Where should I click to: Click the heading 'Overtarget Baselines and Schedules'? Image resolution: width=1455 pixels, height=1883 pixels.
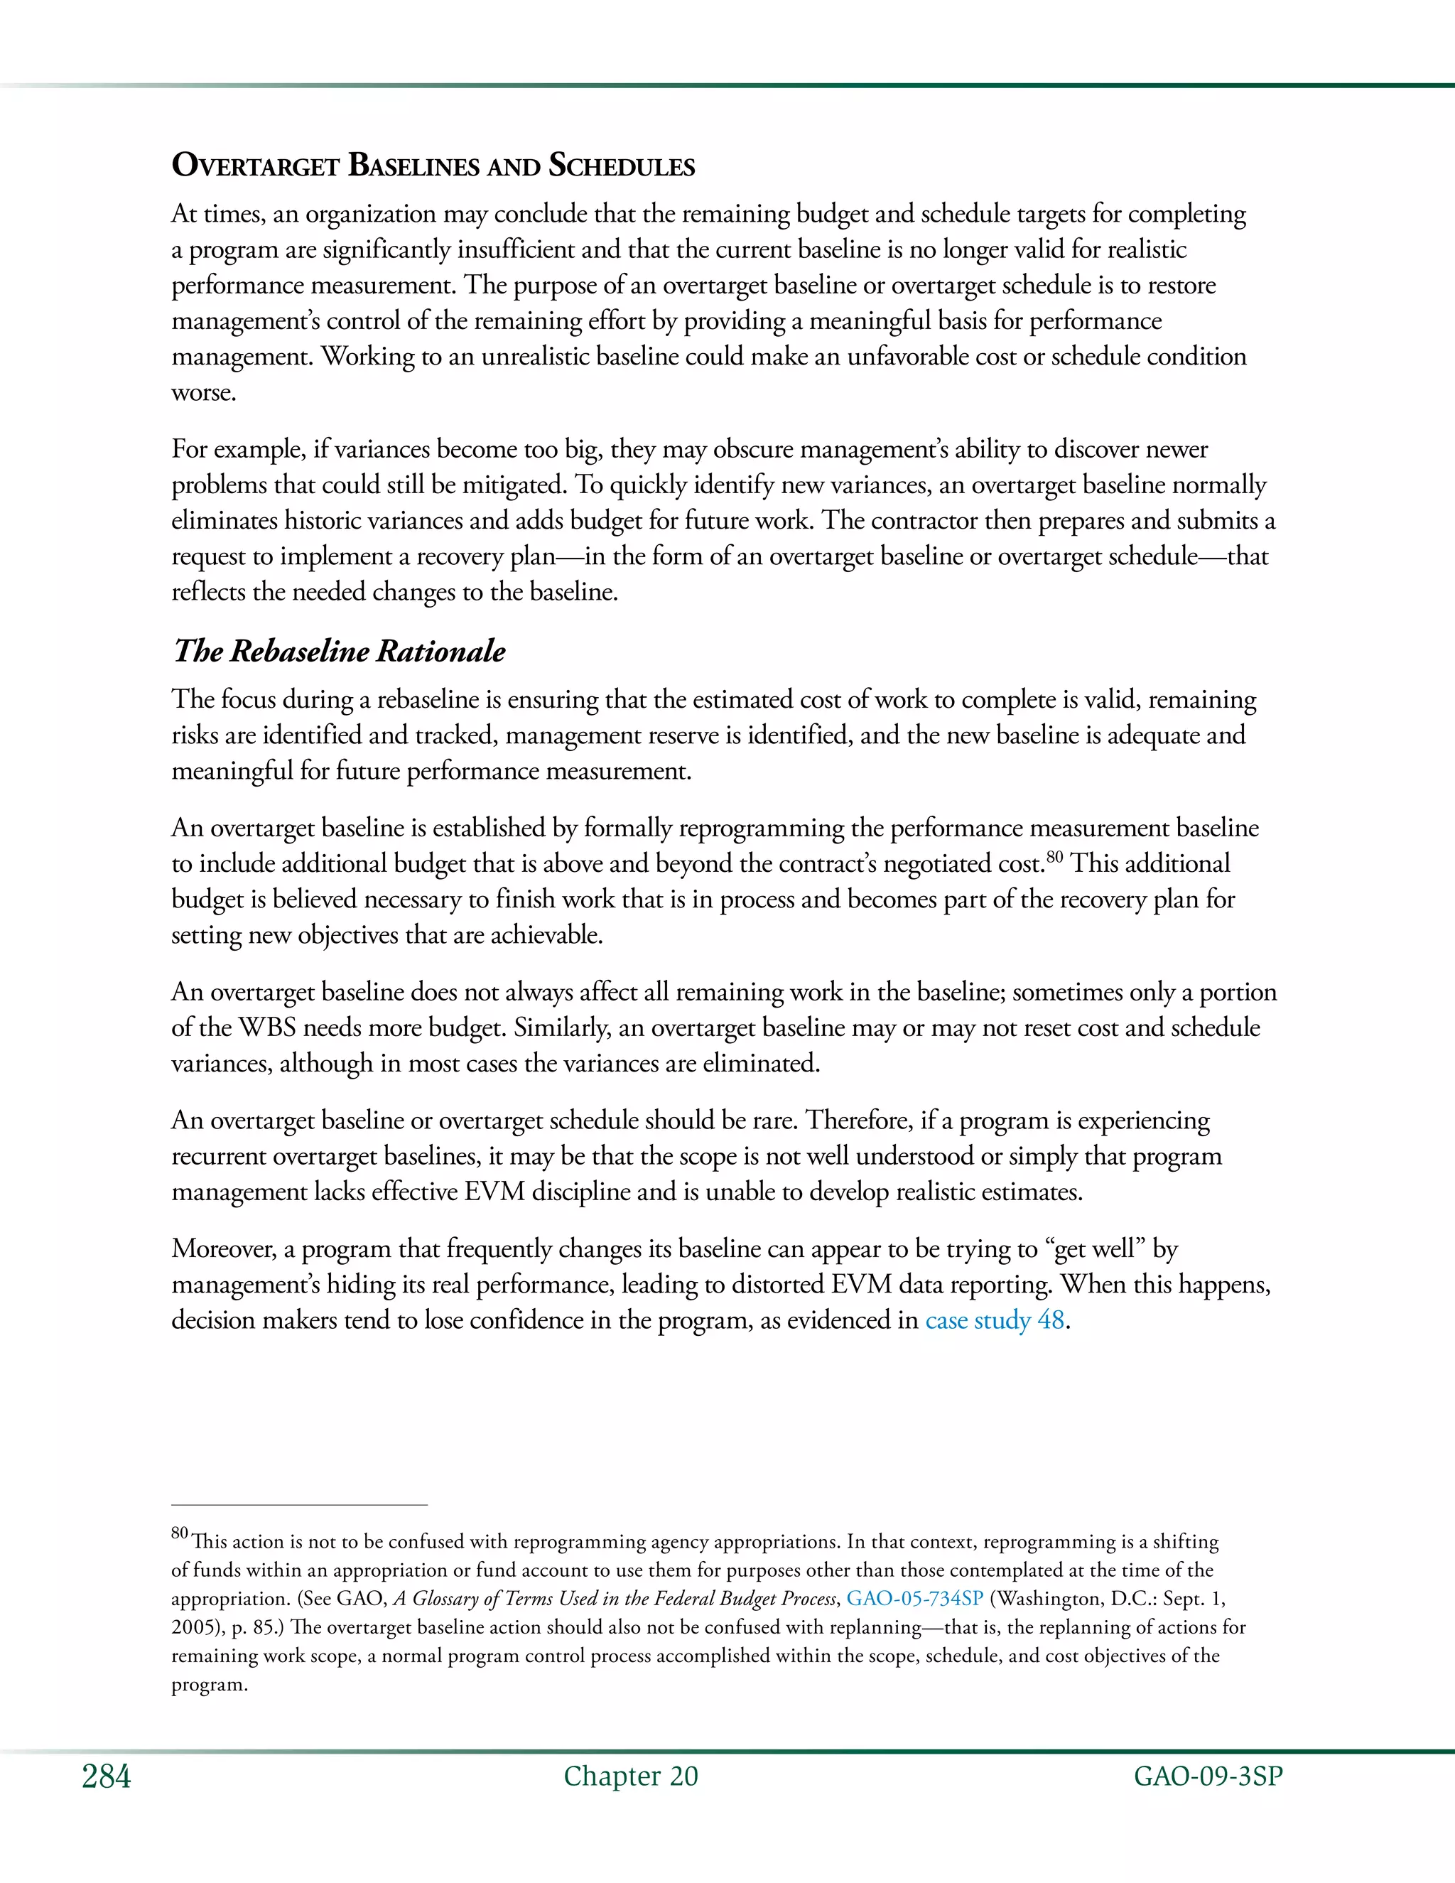tap(433, 165)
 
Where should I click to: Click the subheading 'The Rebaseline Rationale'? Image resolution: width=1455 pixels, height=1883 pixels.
tap(339, 651)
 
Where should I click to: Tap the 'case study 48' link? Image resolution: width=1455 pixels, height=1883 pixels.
tap(995, 1320)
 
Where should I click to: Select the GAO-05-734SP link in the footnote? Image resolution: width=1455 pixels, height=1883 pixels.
tap(914, 1599)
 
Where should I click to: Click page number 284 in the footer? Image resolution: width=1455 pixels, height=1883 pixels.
tap(106, 1777)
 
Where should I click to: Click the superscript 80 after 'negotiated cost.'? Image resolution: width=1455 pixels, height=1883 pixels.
tap(1055, 857)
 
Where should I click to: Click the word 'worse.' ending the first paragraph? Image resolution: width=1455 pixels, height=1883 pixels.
tap(203, 392)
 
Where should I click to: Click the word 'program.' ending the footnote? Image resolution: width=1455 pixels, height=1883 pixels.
tap(210, 1684)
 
